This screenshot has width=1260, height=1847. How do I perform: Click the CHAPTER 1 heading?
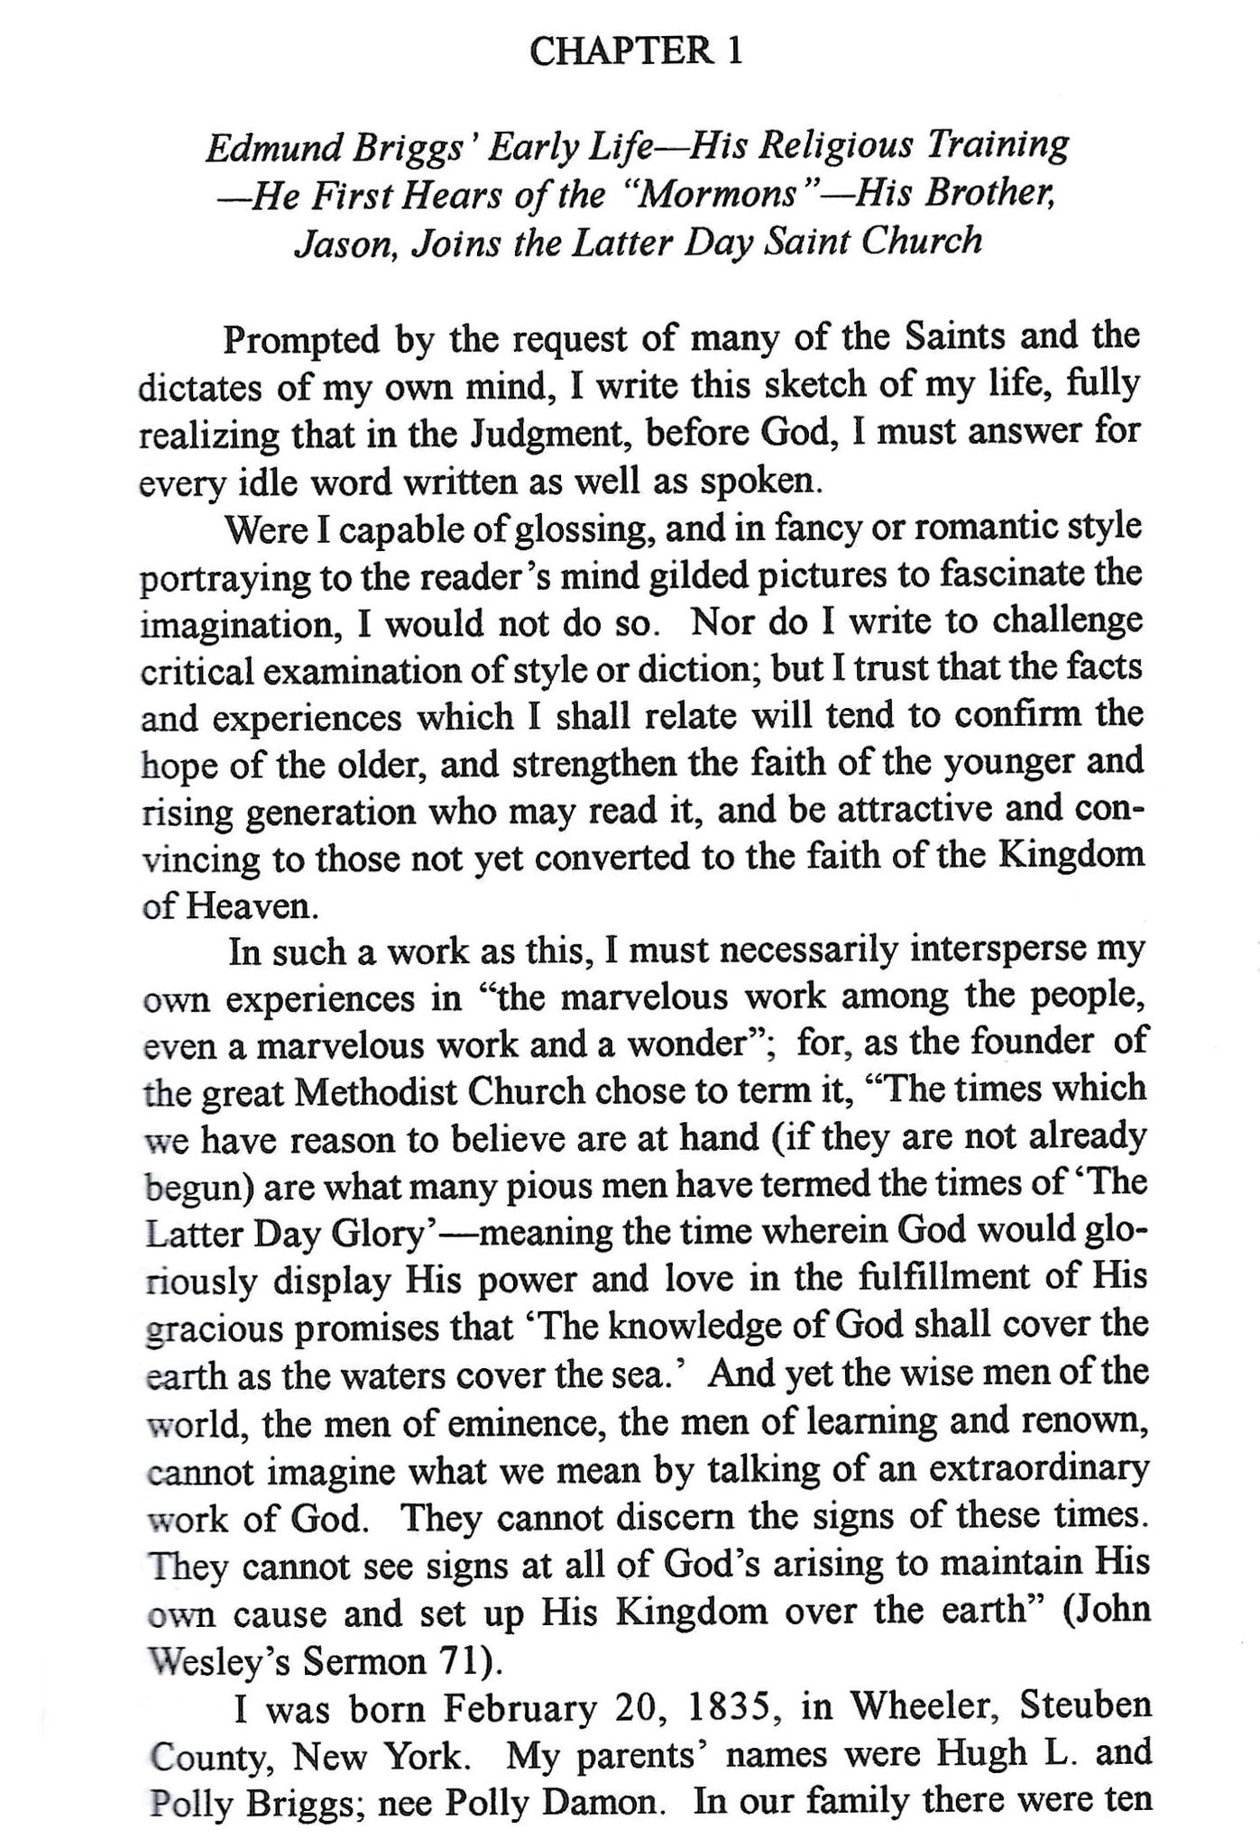coord(636,51)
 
